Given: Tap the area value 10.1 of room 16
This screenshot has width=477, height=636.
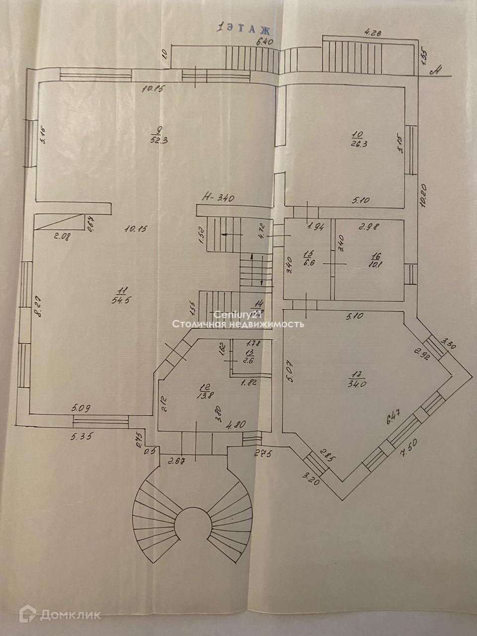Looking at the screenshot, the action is pyautogui.click(x=375, y=264).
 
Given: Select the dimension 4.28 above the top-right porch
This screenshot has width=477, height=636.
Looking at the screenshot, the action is pyautogui.click(x=374, y=33).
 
